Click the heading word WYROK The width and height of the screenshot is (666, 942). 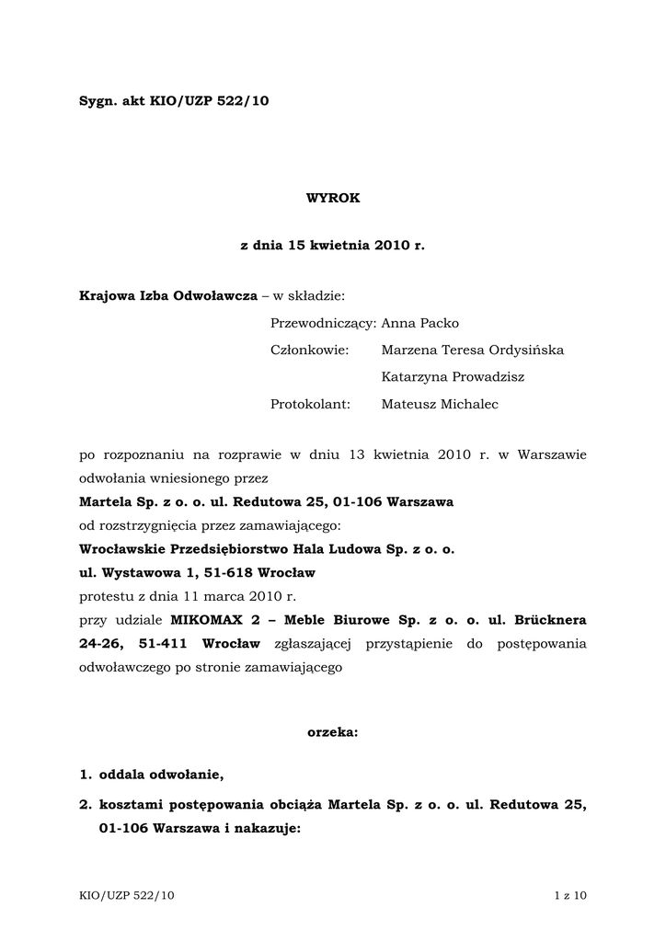(x=333, y=198)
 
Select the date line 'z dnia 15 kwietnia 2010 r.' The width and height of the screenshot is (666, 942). (x=333, y=247)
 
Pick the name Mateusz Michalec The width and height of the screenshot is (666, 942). (x=440, y=404)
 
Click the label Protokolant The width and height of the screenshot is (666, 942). (x=311, y=404)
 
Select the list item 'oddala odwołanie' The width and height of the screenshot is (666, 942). (x=161, y=775)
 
